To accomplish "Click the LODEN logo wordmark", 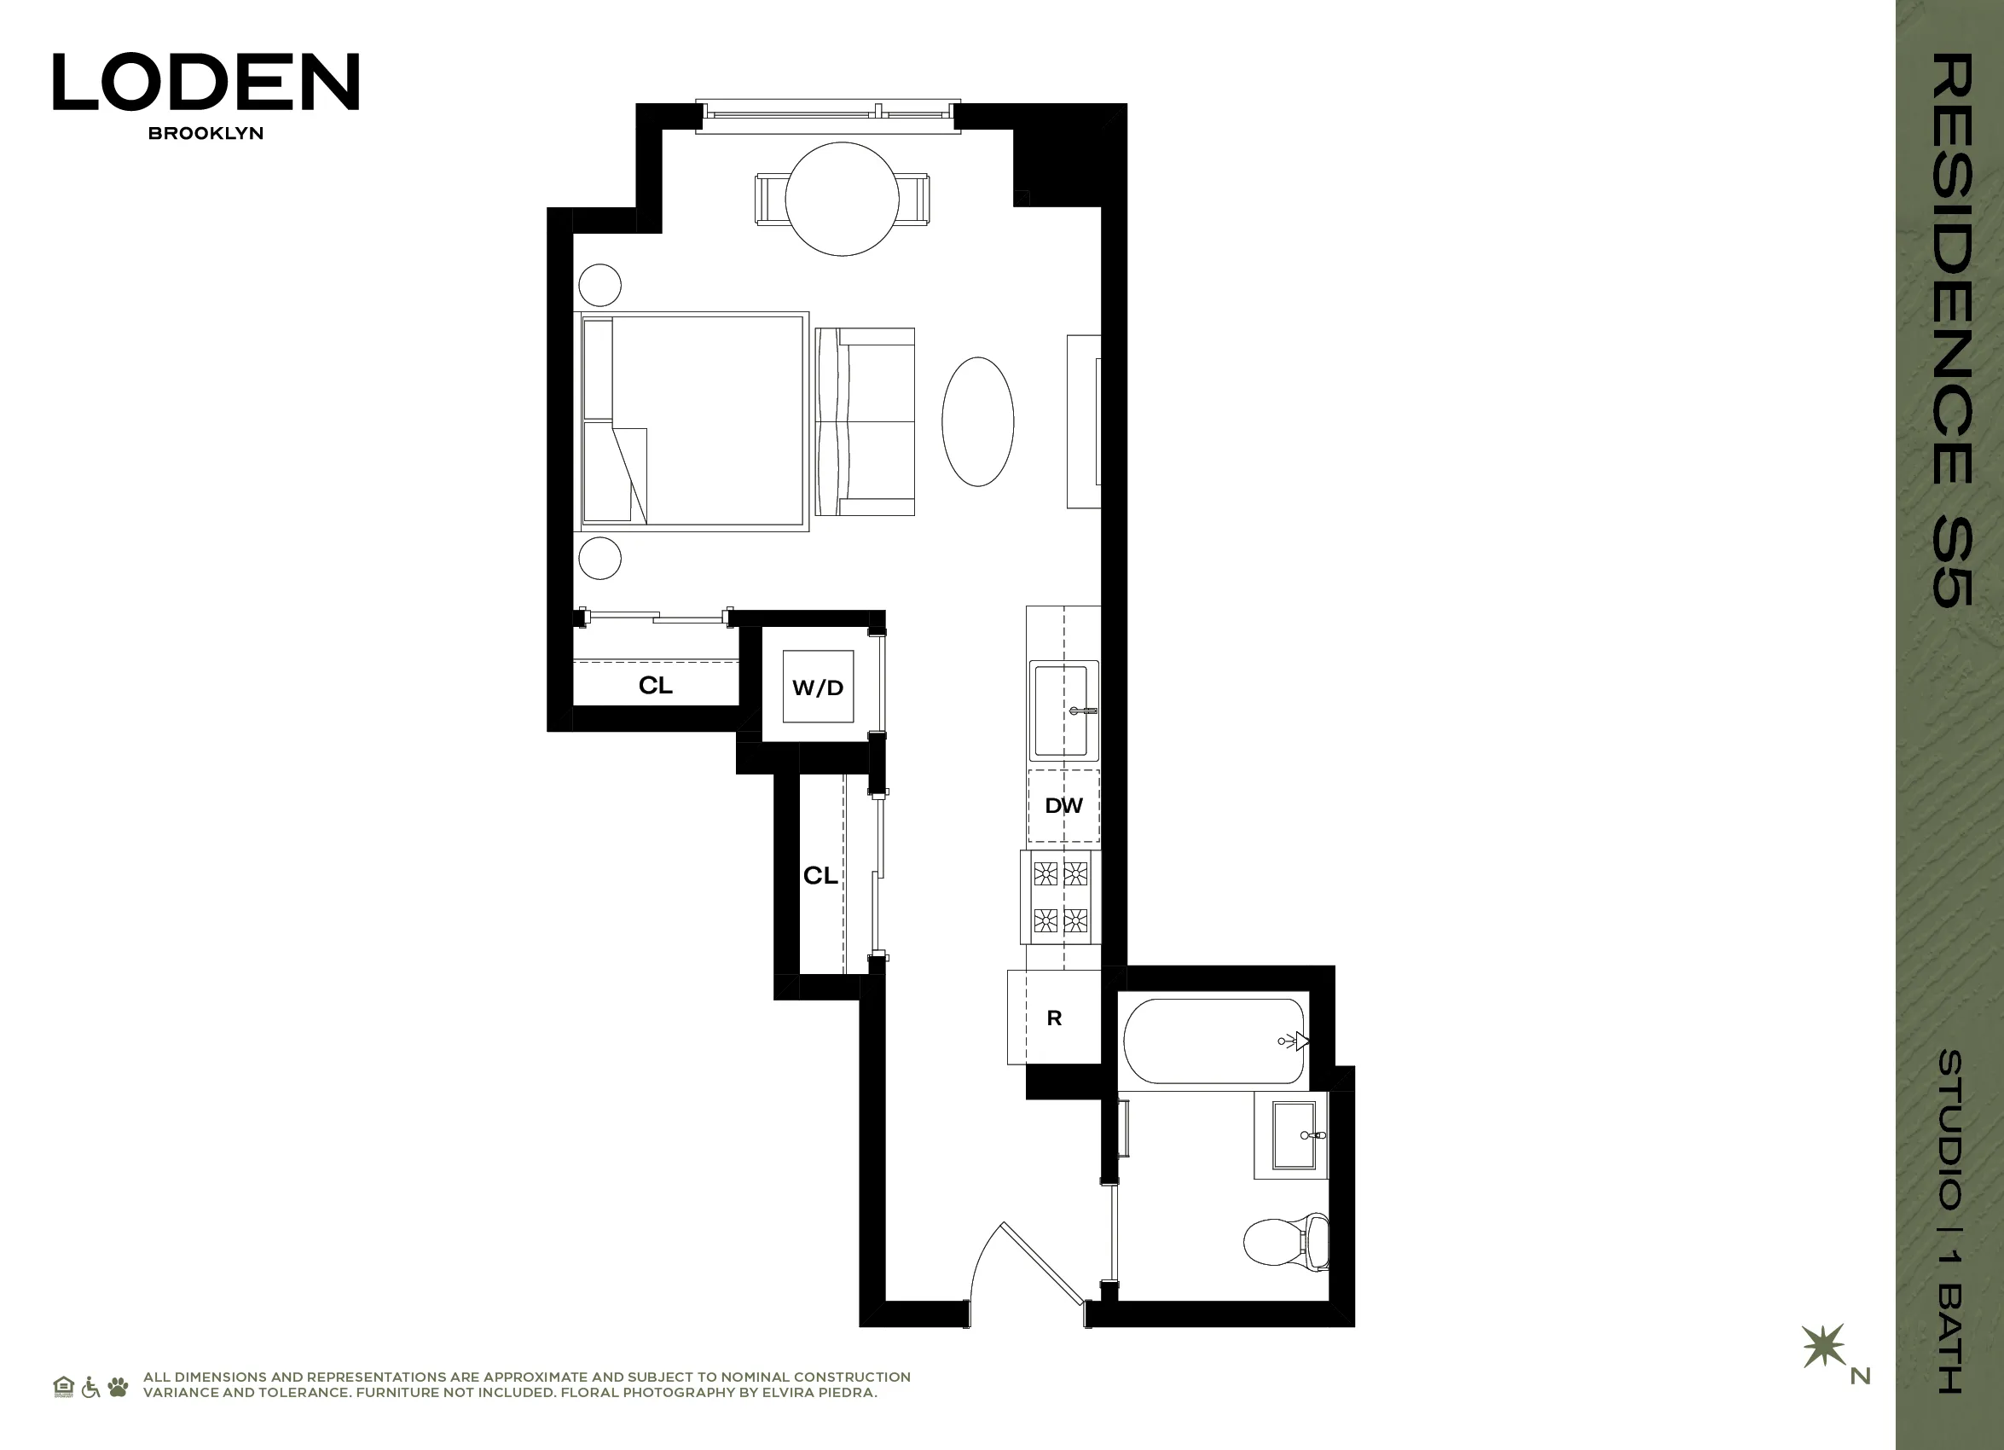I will click(x=206, y=81).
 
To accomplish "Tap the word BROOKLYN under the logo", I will click(x=206, y=133).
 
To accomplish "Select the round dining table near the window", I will click(x=842, y=199).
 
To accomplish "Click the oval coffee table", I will click(x=977, y=421).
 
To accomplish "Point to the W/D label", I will click(x=817, y=687).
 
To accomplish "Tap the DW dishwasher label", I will click(x=1063, y=805).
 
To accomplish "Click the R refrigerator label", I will click(x=1054, y=1018).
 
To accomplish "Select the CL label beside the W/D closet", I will click(x=656, y=685).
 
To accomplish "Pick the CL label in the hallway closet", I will click(x=820, y=875).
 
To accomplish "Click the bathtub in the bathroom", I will click(x=1213, y=1041).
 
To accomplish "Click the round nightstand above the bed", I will click(x=600, y=286).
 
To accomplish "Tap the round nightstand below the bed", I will click(x=600, y=558).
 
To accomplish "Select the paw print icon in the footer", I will click(x=118, y=1386).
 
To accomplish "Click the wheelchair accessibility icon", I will click(x=90, y=1386).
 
